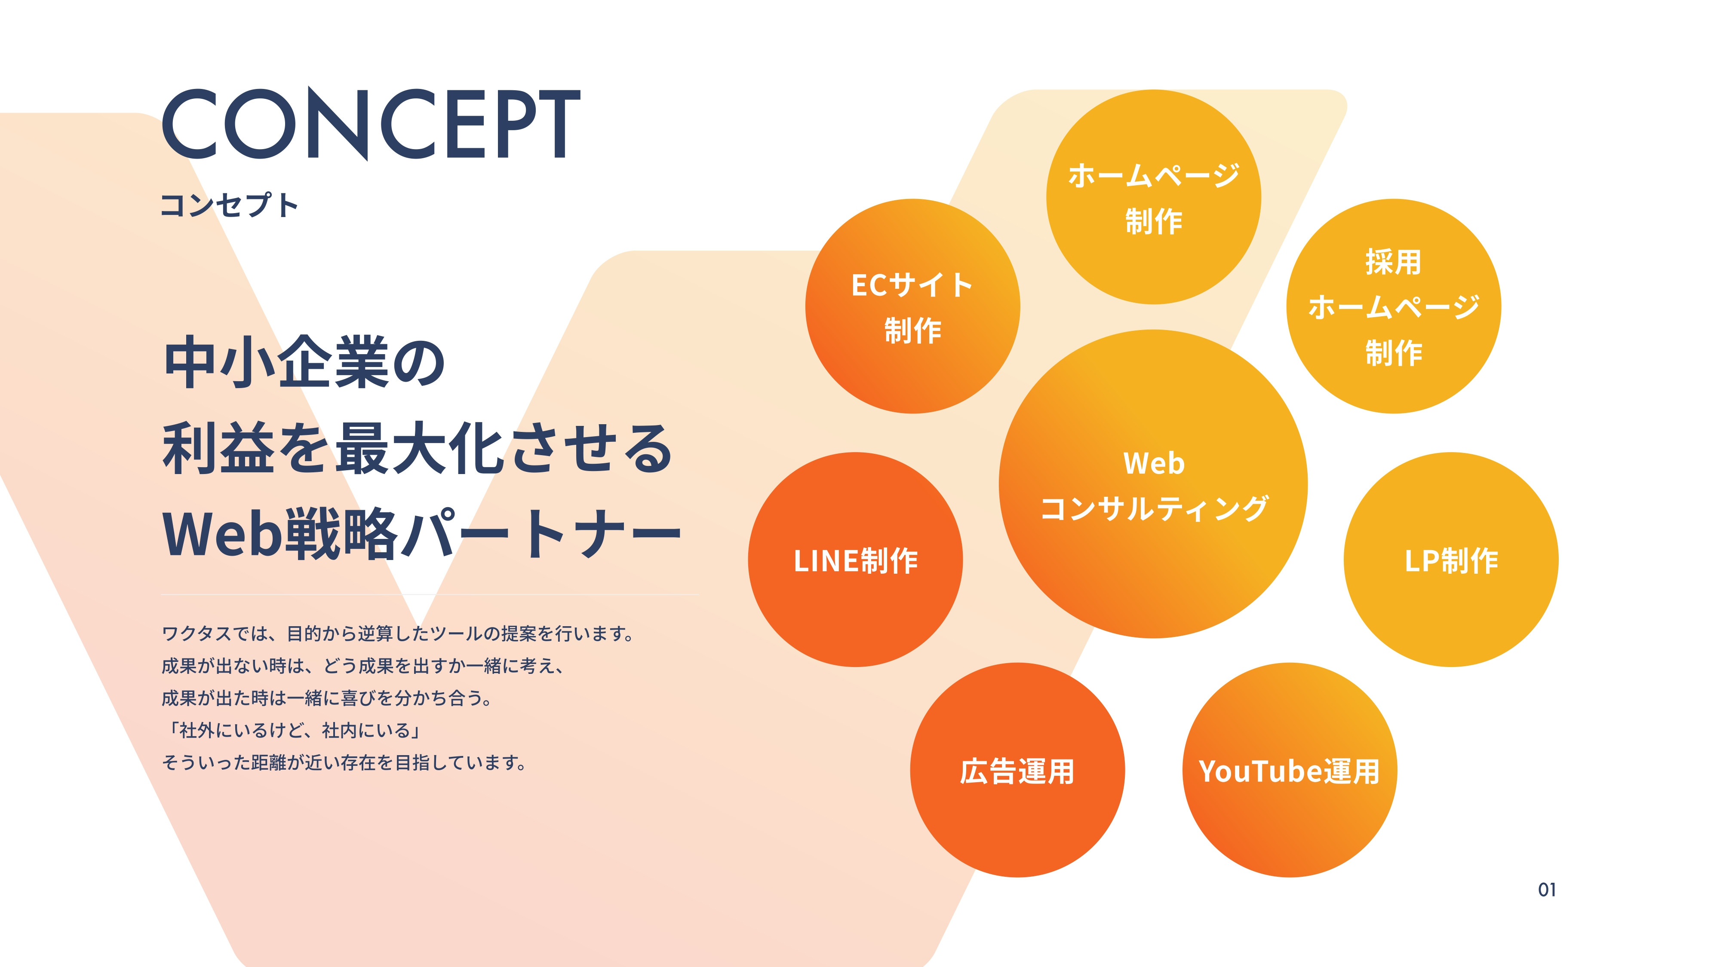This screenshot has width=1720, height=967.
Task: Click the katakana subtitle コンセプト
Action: [x=229, y=205]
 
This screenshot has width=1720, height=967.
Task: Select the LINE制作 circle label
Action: [x=855, y=560]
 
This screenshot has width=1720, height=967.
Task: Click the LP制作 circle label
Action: [x=1451, y=560]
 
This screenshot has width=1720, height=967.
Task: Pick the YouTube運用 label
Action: [x=1289, y=771]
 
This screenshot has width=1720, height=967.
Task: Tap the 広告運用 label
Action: [x=1017, y=771]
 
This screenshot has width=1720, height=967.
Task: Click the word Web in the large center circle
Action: [x=1153, y=463]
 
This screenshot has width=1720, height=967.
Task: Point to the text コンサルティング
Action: [x=1153, y=508]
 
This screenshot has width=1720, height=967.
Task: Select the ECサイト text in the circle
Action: [x=912, y=285]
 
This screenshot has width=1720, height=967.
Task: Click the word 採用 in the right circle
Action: [x=1393, y=262]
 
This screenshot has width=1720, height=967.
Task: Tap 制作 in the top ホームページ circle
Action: [x=1153, y=221]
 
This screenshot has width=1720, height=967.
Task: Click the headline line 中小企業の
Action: [x=304, y=362]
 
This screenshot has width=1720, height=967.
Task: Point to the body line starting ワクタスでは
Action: [x=398, y=633]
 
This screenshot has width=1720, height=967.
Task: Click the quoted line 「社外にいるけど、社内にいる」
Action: [x=294, y=730]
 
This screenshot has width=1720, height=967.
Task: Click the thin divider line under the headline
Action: [x=429, y=594]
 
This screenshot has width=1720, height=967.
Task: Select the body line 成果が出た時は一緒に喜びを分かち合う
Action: [x=327, y=698]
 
